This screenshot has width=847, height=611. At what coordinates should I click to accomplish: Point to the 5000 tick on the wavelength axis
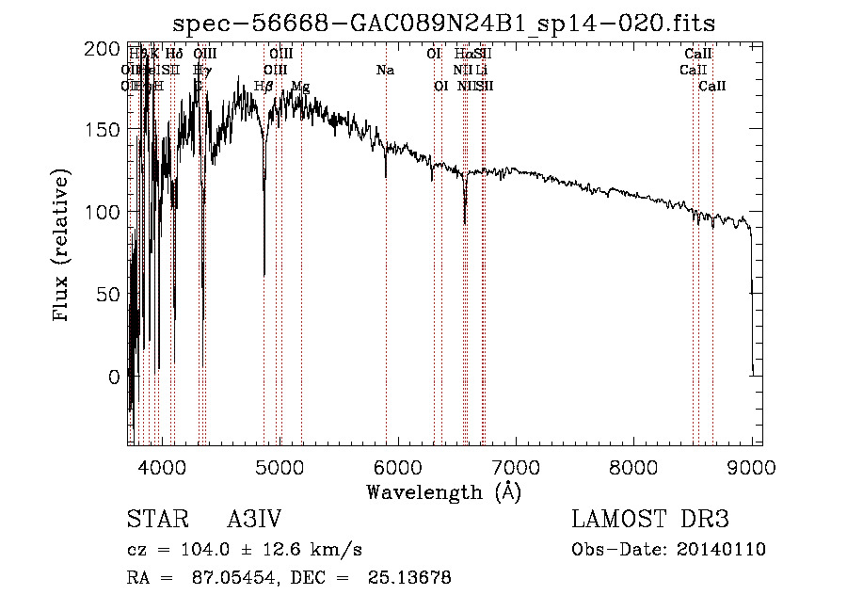280,466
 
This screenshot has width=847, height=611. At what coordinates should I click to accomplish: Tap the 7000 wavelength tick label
516,466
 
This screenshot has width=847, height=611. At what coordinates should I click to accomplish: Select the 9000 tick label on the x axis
752,466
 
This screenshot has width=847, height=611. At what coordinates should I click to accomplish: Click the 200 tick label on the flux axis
108,49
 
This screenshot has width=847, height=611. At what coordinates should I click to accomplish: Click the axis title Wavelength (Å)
444,491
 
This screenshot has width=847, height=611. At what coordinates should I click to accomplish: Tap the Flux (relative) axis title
63,247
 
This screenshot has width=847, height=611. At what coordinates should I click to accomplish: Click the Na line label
385,70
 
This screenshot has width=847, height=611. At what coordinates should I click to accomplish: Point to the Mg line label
300,87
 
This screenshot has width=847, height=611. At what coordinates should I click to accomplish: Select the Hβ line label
264,87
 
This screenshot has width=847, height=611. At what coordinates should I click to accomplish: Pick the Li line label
481,70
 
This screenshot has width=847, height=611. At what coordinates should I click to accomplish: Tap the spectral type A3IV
254,520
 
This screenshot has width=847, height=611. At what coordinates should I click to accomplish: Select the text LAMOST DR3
650,520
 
